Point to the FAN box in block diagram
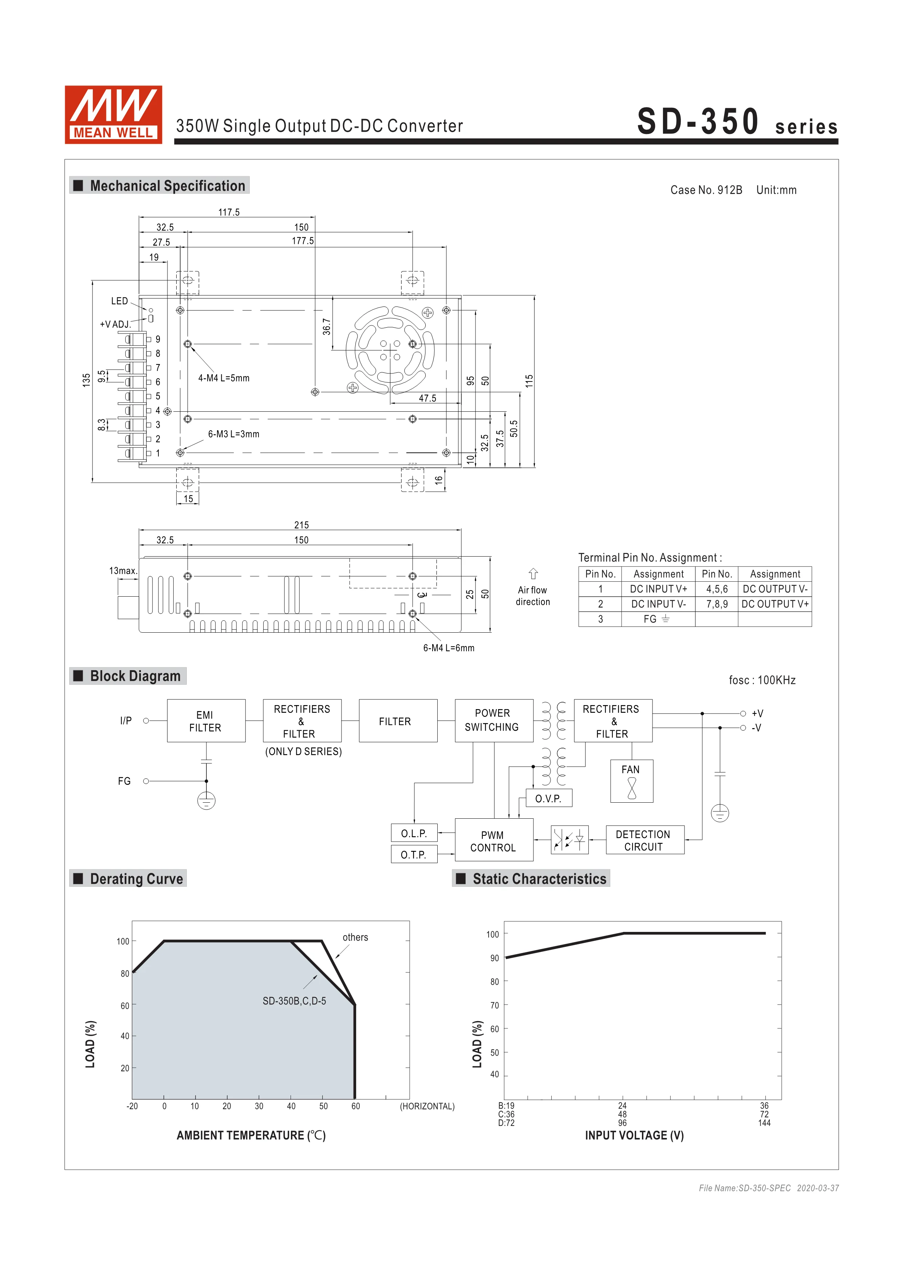tap(631, 781)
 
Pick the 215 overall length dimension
tap(301, 525)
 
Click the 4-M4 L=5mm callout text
tap(224, 378)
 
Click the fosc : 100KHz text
tap(762, 680)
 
